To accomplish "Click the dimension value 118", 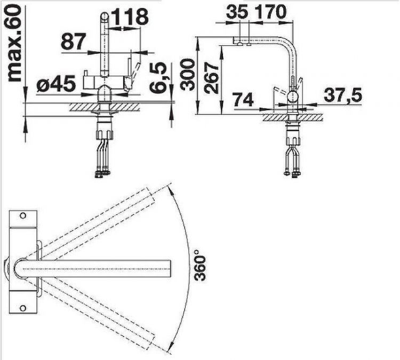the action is pyautogui.click(x=130, y=17).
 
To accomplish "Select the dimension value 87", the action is pyautogui.click(x=73, y=42).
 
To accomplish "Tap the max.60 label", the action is pyautogui.click(x=14, y=43).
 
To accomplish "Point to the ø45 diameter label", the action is pyautogui.click(x=56, y=83).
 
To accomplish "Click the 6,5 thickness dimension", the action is pyautogui.click(x=158, y=77).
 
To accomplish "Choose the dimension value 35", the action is pyautogui.click(x=237, y=12).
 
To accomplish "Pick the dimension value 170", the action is pyautogui.click(x=270, y=12).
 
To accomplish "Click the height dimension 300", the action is pyautogui.click(x=188, y=75).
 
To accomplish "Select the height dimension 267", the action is pyautogui.click(x=211, y=78).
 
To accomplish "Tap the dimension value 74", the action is pyautogui.click(x=243, y=100).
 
